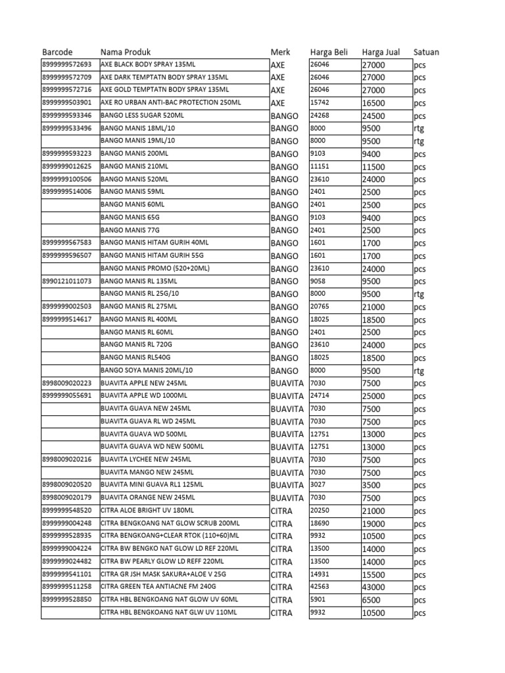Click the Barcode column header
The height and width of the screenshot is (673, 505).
57,52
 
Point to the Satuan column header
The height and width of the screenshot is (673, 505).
427,52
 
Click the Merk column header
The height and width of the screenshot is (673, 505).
280,52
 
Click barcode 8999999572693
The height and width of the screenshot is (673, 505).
67,64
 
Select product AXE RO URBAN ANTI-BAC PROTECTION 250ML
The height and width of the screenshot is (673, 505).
170,103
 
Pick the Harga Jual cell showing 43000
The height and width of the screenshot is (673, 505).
373,587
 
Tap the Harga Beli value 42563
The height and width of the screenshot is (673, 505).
320,587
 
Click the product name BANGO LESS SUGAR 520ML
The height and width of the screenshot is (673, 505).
142,115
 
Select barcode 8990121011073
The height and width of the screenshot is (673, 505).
67,281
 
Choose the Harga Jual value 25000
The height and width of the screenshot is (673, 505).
373,396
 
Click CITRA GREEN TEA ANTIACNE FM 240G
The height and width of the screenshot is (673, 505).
158,587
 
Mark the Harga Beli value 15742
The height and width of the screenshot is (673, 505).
320,103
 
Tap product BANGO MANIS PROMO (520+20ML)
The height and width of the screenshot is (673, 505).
155,268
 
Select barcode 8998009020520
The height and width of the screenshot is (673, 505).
67,485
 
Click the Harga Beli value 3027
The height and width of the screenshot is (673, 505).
318,485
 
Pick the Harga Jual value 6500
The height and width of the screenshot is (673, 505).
372,600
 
